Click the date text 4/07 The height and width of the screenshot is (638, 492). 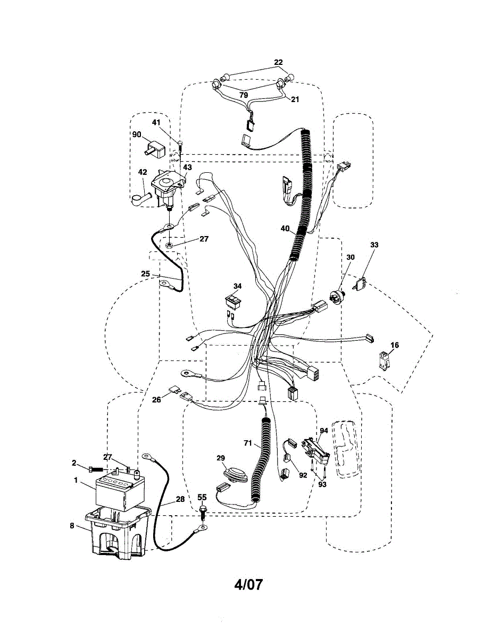[x=248, y=584]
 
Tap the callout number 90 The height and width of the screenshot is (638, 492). [x=137, y=135]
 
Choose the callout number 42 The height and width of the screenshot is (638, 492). [x=143, y=171]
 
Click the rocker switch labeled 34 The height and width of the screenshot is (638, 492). [x=233, y=303]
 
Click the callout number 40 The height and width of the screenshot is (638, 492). [x=285, y=229]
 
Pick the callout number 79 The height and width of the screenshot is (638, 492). [x=243, y=95]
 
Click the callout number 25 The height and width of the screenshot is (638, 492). [x=146, y=273]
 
